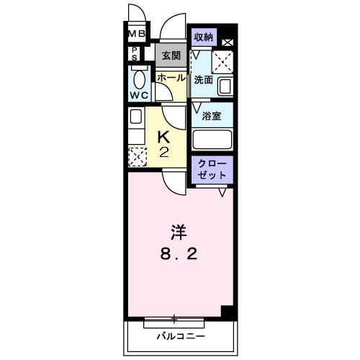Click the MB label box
point(137,34)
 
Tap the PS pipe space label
point(135,53)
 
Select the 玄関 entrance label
point(170,55)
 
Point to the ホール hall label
point(171,77)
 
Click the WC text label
point(139,94)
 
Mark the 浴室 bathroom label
point(211,115)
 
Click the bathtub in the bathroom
point(213,139)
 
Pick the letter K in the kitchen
point(163,135)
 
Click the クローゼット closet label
point(213,169)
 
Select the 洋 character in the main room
point(179,233)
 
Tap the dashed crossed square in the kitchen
point(136,155)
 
